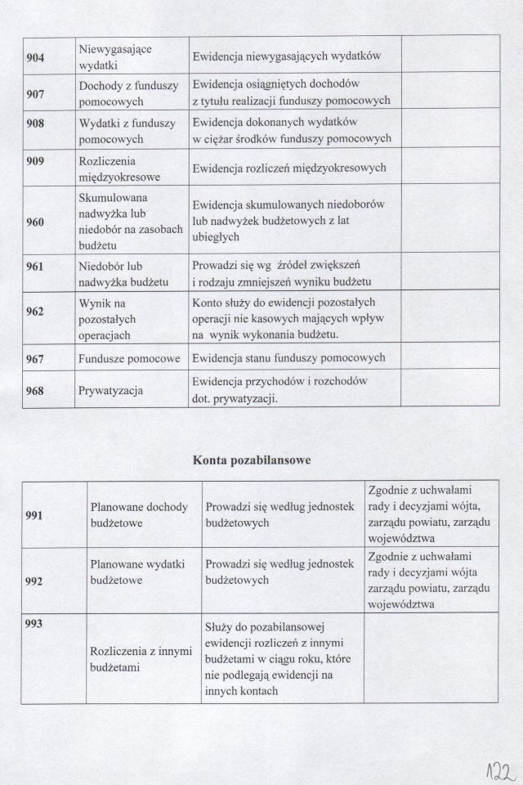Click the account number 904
click(x=35, y=57)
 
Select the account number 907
click(x=35, y=94)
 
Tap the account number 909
click(x=35, y=159)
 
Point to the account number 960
click(x=35, y=222)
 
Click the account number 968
click(x=35, y=391)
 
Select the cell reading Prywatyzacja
click(x=111, y=391)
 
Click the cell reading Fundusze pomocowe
click(x=130, y=358)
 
